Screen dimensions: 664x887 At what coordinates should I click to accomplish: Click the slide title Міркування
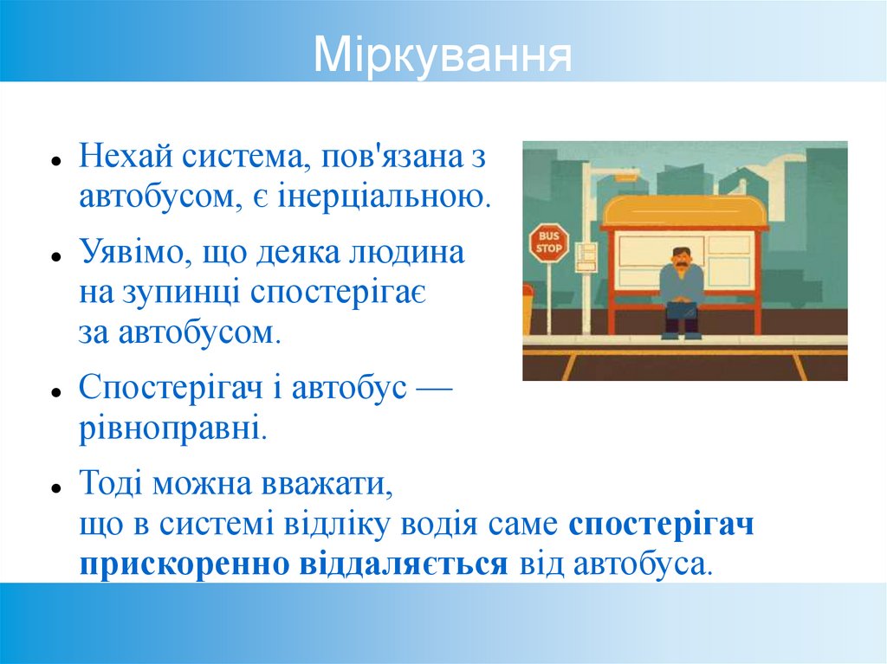443,55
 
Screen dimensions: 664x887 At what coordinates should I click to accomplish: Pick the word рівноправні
172,427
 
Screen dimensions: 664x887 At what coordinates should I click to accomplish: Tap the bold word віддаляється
403,564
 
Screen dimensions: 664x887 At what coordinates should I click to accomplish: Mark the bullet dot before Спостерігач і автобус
55,391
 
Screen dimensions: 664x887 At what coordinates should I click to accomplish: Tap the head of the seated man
682,257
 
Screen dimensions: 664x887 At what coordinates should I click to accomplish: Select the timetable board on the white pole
586,256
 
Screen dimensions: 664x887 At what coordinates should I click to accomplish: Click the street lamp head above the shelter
625,177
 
